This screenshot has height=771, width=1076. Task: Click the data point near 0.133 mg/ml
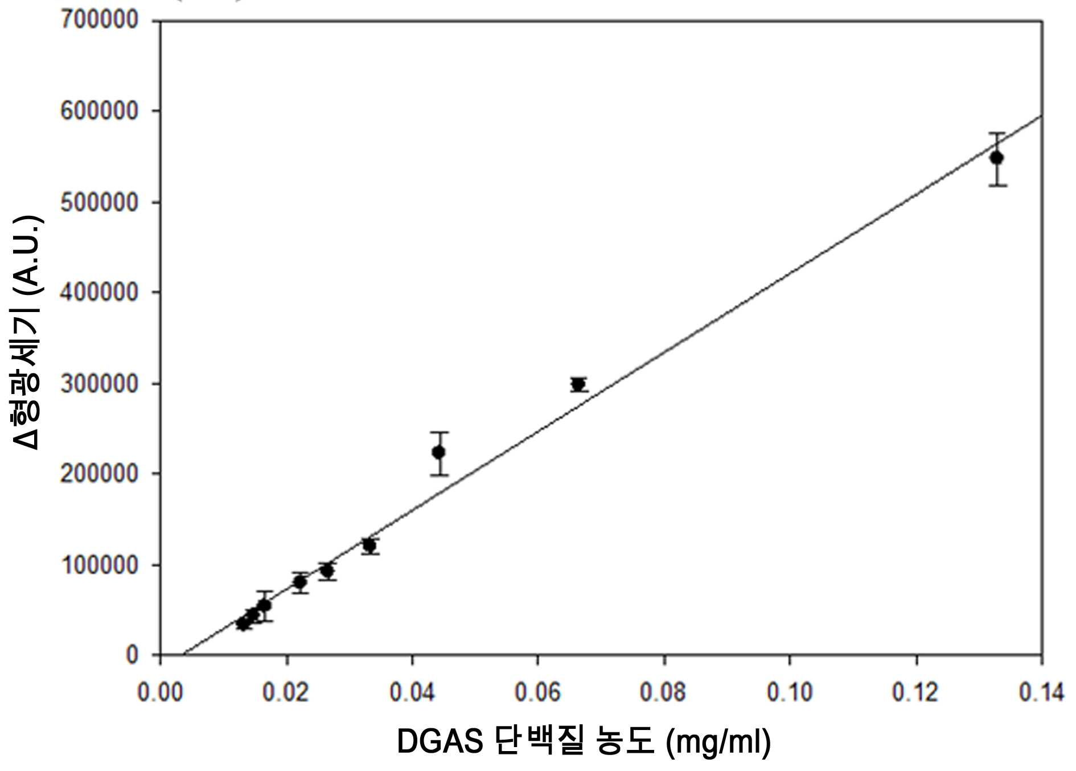click(x=997, y=158)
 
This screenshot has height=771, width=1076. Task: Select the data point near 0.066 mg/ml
click(x=578, y=384)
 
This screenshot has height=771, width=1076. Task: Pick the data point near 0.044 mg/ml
click(x=439, y=452)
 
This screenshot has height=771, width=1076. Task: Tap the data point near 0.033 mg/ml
click(x=369, y=546)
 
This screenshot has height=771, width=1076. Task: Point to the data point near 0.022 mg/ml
click(x=300, y=582)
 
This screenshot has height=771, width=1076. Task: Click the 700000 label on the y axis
click(x=99, y=20)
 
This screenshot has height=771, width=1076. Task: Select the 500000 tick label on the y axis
click(x=99, y=203)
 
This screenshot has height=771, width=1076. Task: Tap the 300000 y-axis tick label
click(x=99, y=384)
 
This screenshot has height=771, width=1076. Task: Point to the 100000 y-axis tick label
click(x=99, y=565)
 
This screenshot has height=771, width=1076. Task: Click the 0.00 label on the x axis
click(x=161, y=692)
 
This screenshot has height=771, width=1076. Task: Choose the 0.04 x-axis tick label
click(x=412, y=692)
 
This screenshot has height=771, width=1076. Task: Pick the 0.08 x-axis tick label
click(x=664, y=692)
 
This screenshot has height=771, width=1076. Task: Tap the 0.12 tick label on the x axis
click(x=915, y=692)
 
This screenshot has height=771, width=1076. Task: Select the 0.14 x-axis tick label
click(x=1041, y=692)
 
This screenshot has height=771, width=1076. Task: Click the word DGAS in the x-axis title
click(x=440, y=741)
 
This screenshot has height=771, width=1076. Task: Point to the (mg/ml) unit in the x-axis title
click(x=718, y=743)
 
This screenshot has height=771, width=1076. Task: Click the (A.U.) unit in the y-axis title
click(x=27, y=255)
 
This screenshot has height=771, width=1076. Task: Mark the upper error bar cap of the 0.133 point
click(x=997, y=133)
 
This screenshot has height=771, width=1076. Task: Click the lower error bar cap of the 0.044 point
click(x=439, y=475)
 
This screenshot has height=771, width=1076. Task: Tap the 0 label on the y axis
click(x=132, y=655)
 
